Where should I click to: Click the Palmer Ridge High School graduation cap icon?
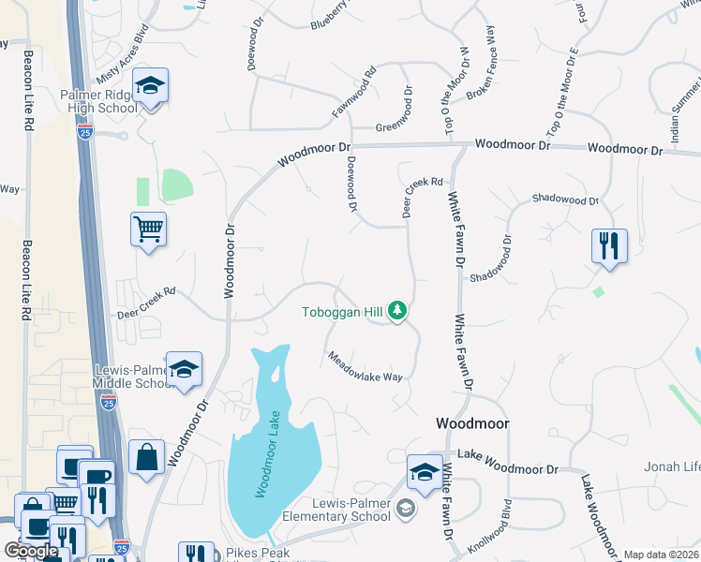pos(149,87)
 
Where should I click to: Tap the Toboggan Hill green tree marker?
pos(397,310)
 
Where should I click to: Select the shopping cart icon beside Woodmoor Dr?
pos(149,229)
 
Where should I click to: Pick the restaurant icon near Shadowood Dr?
pos(609,246)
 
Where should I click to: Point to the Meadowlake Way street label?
pos(365,367)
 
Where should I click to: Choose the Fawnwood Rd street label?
pos(353,92)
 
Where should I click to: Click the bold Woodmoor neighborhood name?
pos(472,423)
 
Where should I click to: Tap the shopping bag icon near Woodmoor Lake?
pos(145,458)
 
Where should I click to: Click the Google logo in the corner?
pos(31,552)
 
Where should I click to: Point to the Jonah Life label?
pos(671,466)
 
